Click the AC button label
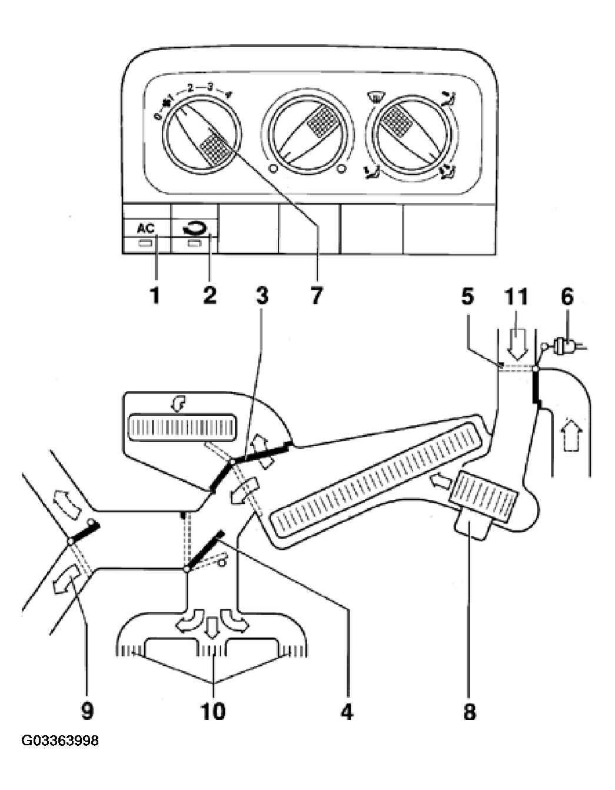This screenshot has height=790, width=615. pos(146,228)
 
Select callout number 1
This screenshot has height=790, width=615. pos(155,296)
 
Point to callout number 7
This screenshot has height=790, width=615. pos(316,296)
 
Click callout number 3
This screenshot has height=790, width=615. pos(262,296)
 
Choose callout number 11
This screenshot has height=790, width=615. pos(516,296)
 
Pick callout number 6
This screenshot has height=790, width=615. pos(567,296)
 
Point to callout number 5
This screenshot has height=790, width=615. pos(468,296)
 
